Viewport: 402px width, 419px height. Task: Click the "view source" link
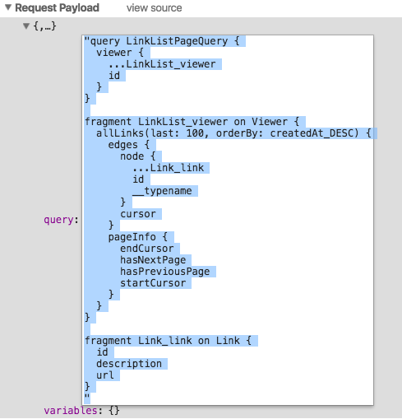pos(154,8)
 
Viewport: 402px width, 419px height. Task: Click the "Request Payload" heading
pos(57,8)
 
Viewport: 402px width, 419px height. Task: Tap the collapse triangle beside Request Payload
pos(8,7)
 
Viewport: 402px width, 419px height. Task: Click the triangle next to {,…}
pos(26,26)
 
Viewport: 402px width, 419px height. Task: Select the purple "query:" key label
pos(61,220)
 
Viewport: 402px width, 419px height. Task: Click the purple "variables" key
pos(71,411)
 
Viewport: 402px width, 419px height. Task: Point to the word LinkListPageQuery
pos(177,41)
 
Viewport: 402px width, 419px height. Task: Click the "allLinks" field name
pos(120,133)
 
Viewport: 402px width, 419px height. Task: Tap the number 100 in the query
pos(195,133)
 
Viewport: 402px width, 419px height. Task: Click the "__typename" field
pos(162,191)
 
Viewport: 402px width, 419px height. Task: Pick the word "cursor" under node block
pos(138,214)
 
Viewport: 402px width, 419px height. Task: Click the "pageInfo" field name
pos(132,237)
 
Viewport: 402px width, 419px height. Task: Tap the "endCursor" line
pos(147,249)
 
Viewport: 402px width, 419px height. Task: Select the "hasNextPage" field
pos(153,260)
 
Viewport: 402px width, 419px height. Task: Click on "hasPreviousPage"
pos(165,272)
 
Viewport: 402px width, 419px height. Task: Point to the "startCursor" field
pos(153,283)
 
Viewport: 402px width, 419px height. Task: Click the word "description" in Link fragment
pos(129,364)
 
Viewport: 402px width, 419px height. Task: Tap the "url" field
pos(105,375)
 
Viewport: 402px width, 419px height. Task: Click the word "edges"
pos(122,145)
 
